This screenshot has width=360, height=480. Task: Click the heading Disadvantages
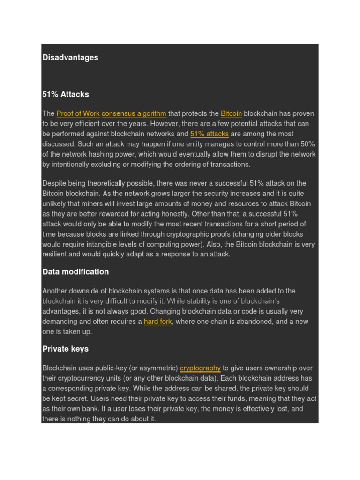(70, 58)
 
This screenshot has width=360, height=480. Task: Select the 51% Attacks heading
(66, 94)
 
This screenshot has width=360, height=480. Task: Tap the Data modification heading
(75, 272)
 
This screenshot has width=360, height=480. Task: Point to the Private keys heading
(65, 349)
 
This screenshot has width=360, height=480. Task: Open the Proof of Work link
(78, 113)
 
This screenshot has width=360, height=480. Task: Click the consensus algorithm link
(134, 113)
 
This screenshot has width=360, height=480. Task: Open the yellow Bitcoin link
(231, 113)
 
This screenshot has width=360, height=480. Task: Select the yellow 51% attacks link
(210, 134)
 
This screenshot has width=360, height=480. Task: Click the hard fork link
(158, 322)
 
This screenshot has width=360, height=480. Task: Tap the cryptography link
(200, 368)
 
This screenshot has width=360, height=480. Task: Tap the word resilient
(56, 255)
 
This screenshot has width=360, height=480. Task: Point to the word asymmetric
(159, 368)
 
